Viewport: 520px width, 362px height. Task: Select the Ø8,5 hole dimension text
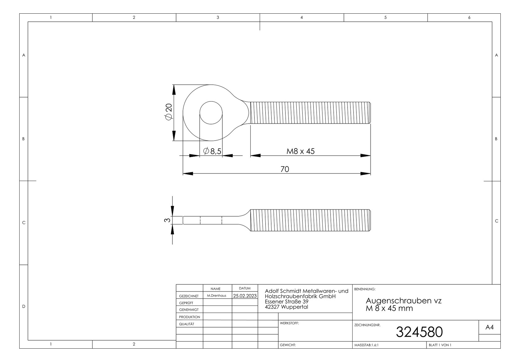(212, 151)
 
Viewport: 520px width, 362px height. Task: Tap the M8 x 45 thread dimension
(300, 151)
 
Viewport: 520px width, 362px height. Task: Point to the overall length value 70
(285, 169)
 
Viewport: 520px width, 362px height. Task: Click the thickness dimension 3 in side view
(167, 220)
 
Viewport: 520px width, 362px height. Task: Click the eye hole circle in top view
(211, 113)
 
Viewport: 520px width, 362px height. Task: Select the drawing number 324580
(419, 332)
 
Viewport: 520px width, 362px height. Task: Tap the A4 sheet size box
(489, 327)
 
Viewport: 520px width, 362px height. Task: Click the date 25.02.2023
(245, 296)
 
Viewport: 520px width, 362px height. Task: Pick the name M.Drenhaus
(217, 296)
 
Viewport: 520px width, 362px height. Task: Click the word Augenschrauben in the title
(395, 301)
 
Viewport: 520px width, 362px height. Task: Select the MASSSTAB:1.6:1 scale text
(367, 345)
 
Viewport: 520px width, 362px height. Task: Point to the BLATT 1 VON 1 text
(440, 345)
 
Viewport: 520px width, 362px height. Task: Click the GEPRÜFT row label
(186, 303)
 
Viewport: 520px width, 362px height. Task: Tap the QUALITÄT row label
(187, 324)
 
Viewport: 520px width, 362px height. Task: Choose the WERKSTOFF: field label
(289, 323)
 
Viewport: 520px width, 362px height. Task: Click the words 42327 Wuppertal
(286, 307)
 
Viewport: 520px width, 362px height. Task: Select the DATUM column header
(245, 288)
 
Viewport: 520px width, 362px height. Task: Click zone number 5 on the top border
(385, 17)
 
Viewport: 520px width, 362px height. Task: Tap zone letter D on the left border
(24, 306)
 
